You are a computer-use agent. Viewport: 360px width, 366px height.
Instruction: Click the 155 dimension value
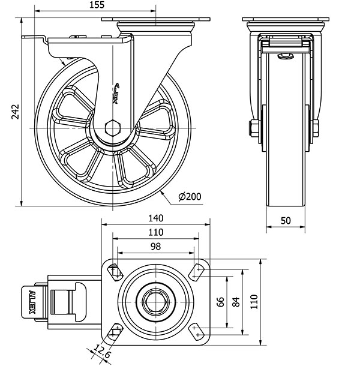pyautogui.click(x=96, y=5)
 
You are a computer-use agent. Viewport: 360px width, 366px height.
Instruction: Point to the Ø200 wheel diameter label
pyautogui.click(x=190, y=196)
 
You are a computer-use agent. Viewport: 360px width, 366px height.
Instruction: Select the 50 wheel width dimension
pyautogui.click(x=286, y=220)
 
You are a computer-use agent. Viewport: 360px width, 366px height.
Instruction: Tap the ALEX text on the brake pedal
pyautogui.click(x=31, y=303)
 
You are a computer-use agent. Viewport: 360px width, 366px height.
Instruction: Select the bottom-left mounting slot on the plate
pyautogui.click(x=116, y=331)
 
